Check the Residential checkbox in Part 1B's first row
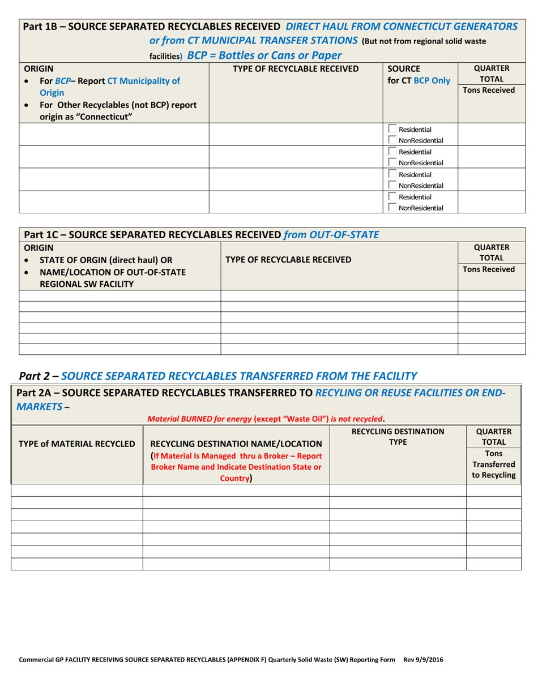point(392,129)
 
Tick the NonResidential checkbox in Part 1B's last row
point(392,208)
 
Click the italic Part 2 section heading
point(218,375)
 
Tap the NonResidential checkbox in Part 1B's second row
point(392,163)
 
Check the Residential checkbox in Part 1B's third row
point(392,174)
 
